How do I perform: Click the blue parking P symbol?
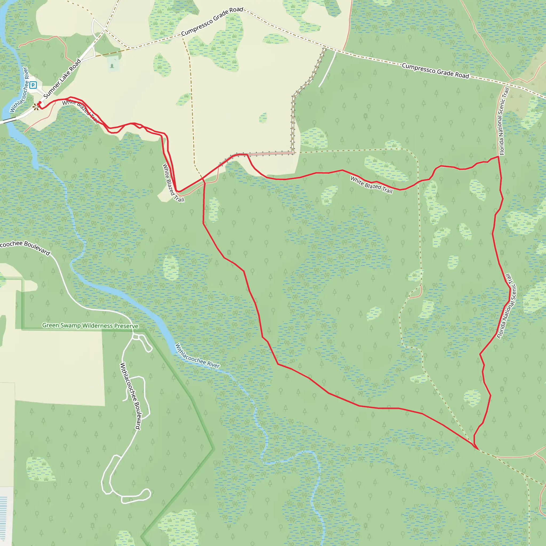click(x=33, y=85)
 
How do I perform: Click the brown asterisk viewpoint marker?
click(x=36, y=107)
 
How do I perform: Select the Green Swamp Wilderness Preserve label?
click(x=90, y=326)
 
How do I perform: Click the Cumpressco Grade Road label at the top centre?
click(x=212, y=22)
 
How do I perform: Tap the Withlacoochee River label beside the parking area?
click(x=19, y=90)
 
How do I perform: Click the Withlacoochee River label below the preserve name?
click(x=197, y=356)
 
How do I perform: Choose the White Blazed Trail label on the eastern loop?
click(x=371, y=185)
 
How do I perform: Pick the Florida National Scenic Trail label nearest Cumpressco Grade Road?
click(x=504, y=121)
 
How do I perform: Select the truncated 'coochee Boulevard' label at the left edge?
click(x=25, y=247)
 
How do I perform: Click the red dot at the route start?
click(x=40, y=102)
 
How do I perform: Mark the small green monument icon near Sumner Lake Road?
click(x=112, y=66)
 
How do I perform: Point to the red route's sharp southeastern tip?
click(x=477, y=449)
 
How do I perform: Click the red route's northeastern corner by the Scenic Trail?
click(x=498, y=156)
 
